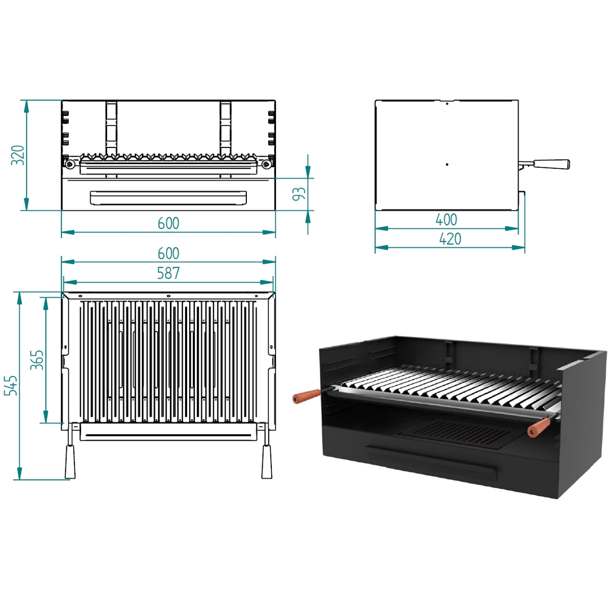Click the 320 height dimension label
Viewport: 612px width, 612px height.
click(x=18, y=155)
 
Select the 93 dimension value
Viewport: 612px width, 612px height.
click(x=299, y=194)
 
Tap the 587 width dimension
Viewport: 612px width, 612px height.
click(x=168, y=273)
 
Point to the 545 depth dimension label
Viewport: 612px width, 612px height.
click(x=11, y=386)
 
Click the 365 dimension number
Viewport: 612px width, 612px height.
click(x=37, y=360)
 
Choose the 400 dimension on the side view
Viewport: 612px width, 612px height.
click(x=446, y=220)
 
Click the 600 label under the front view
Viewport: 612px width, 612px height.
click(x=168, y=223)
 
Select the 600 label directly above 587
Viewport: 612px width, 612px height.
click(x=168, y=253)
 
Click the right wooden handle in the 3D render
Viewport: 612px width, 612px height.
click(x=539, y=427)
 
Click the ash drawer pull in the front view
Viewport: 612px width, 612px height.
click(x=168, y=198)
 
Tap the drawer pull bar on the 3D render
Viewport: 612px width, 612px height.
click(x=431, y=461)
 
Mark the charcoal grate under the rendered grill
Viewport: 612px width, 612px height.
click(x=456, y=433)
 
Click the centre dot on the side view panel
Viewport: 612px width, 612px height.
click(x=447, y=165)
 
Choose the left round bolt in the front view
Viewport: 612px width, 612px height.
click(x=69, y=164)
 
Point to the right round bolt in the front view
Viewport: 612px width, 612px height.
click(x=266, y=164)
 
